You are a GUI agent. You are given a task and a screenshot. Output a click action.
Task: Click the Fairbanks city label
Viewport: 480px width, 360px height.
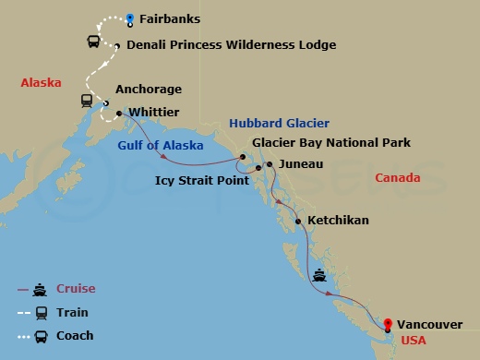point(170,18)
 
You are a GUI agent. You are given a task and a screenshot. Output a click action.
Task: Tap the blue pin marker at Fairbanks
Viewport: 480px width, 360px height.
point(130,18)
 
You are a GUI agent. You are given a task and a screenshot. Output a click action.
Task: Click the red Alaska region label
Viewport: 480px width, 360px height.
point(41,83)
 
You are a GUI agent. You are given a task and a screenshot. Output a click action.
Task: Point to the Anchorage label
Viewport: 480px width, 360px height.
point(148,90)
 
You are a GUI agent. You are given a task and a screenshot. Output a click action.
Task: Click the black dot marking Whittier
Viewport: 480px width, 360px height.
point(120,114)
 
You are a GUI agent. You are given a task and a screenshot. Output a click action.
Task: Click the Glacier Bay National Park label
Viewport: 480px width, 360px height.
point(331,143)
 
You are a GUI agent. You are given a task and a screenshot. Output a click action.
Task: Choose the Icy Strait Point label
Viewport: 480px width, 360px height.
point(202,180)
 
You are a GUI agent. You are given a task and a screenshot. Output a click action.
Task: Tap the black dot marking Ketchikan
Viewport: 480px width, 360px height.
point(297,222)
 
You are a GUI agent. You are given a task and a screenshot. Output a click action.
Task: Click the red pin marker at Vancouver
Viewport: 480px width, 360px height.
point(388,324)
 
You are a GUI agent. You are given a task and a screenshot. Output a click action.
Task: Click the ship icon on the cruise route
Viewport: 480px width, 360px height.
point(320,273)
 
